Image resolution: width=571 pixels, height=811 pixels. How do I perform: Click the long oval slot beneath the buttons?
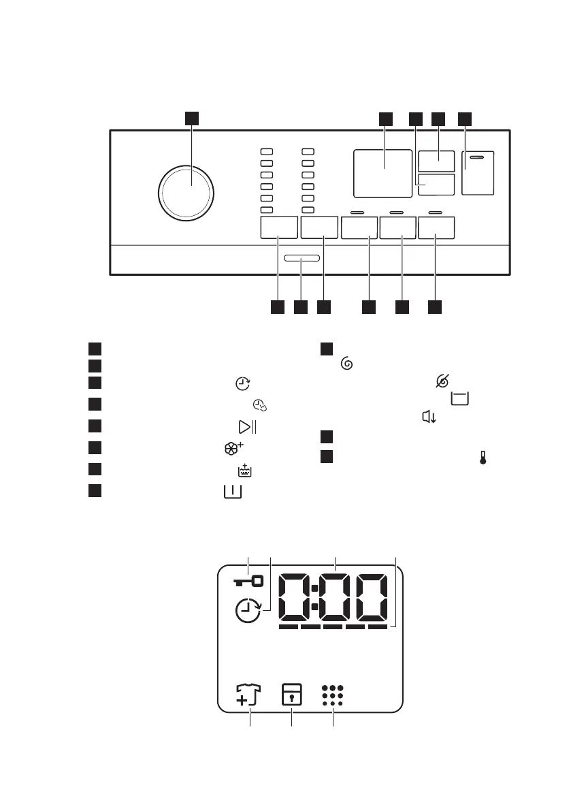(301, 259)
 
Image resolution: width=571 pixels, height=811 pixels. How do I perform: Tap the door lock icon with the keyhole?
(292, 697)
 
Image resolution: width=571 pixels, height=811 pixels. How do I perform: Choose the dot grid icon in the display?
(333, 696)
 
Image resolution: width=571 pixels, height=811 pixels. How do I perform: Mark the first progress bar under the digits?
(289, 626)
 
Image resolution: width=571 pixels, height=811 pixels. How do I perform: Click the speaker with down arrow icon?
(428, 417)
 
